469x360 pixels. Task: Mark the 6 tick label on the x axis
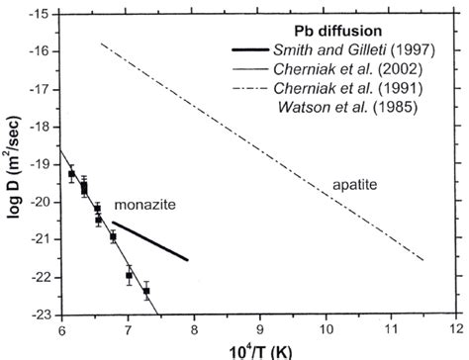(x=61, y=329)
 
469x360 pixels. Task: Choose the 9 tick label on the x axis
(x=259, y=329)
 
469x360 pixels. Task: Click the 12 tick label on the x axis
(x=455, y=329)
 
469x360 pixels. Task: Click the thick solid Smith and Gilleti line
(x=148, y=240)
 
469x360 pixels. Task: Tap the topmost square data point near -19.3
(x=71, y=174)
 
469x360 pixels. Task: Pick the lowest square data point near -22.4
(x=146, y=291)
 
